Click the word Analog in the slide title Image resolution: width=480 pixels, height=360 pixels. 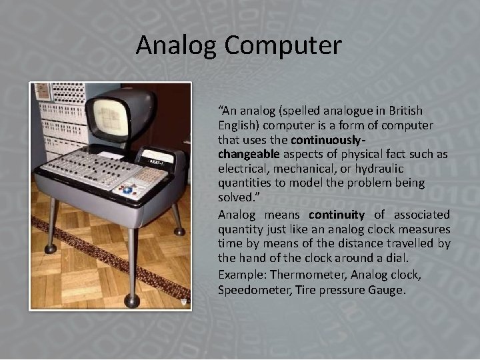177,45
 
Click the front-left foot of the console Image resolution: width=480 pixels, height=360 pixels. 51,249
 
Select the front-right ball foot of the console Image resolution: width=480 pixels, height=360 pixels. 132,301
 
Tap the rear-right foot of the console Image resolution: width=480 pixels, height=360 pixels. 179,231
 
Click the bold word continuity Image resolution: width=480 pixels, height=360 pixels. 337,215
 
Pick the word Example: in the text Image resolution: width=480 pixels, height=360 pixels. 239,275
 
